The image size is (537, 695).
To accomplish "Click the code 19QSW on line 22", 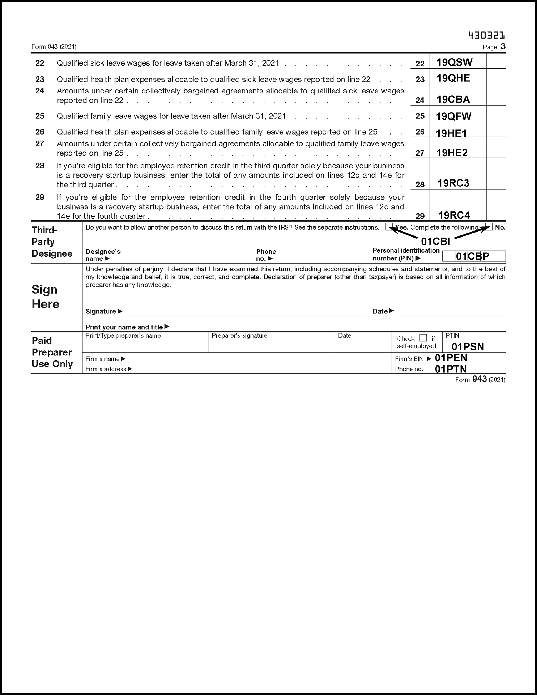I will click(x=454, y=62).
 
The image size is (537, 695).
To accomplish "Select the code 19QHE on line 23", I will click(x=453, y=78).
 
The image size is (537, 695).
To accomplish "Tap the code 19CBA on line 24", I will click(x=453, y=100).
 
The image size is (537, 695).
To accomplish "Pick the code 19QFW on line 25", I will click(x=453, y=116).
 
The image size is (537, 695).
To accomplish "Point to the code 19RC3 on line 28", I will click(x=453, y=183).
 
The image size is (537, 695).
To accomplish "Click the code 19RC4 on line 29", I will click(x=454, y=215).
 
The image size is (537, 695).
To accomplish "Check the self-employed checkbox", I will click(x=423, y=338).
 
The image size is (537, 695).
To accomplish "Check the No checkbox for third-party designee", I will click(x=489, y=227).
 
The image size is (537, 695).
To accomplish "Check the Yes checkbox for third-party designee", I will click(x=389, y=227).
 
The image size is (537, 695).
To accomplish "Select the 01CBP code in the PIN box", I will click(x=472, y=256).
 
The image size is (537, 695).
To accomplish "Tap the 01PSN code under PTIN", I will click(x=468, y=347).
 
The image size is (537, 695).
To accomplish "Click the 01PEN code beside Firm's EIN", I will click(x=451, y=358).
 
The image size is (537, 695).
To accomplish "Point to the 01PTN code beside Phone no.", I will click(x=451, y=369).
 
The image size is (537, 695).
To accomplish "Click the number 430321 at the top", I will click(x=486, y=35).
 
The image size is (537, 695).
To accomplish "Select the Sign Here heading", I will click(x=45, y=297).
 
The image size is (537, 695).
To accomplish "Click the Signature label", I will click(x=101, y=312).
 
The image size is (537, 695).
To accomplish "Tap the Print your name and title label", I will click(x=124, y=327).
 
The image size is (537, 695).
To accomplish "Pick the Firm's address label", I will click(x=106, y=369).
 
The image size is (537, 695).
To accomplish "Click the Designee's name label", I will click(x=103, y=255).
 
